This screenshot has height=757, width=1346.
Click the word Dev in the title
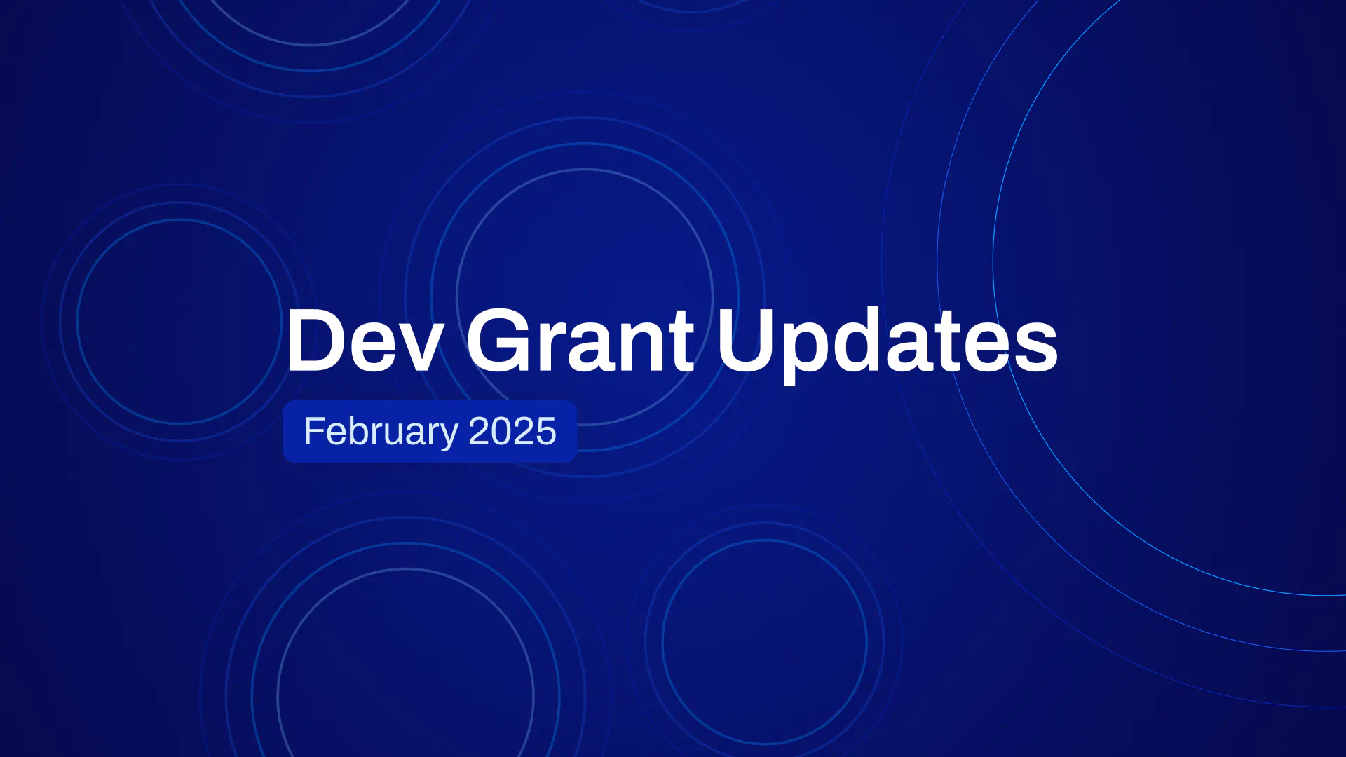click(x=364, y=341)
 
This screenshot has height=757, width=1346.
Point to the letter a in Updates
click(x=921, y=349)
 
